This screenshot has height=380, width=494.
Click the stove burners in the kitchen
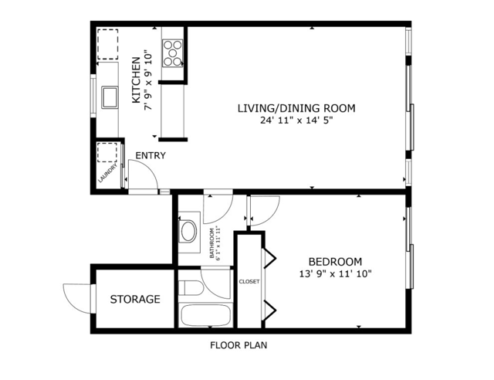click(x=173, y=53)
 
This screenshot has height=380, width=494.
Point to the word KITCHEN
click(x=137, y=80)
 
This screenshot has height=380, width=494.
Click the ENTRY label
click(x=151, y=156)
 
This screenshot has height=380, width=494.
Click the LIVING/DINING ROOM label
click(x=296, y=108)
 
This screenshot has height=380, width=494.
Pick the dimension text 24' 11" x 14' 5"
click(x=296, y=120)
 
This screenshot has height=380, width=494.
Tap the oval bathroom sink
click(x=187, y=231)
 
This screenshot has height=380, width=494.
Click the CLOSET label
click(x=249, y=282)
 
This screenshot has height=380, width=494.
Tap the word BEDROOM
click(x=335, y=261)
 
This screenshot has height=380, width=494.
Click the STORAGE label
click(x=134, y=299)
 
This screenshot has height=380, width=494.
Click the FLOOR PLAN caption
click(x=239, y=345)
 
